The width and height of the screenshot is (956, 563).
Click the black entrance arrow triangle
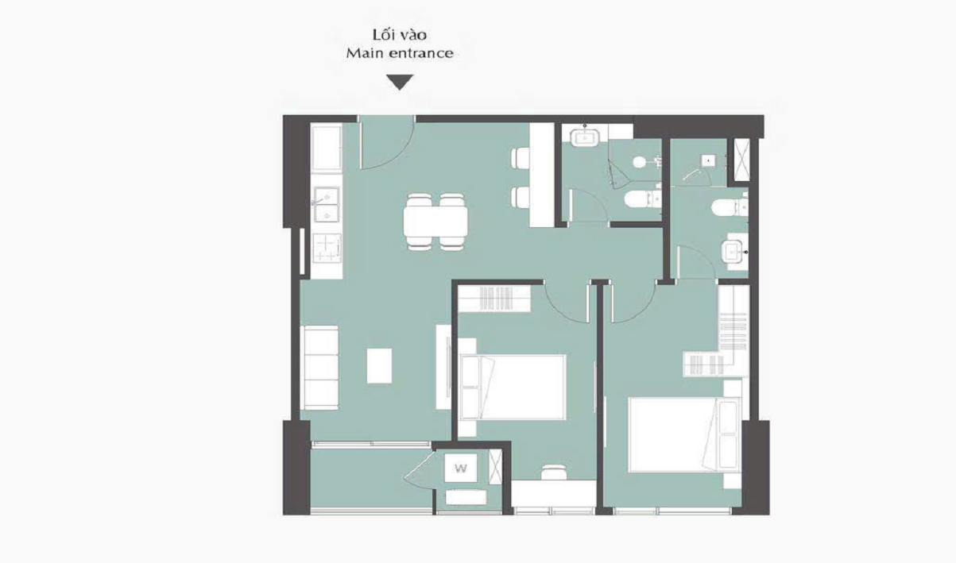[400, 82]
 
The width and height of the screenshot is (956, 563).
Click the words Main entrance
[400, 53]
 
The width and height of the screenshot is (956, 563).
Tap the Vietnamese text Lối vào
[400, 35]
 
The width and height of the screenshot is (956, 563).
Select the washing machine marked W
[460, 468]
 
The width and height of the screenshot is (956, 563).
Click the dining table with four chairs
[435, 222]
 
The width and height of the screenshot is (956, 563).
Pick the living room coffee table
[379, 366]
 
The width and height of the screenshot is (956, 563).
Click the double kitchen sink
[327, 202]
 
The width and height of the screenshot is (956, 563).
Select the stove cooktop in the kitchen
[327, 249]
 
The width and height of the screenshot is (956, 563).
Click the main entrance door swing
[386, 143]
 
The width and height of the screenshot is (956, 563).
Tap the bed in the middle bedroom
[513, 388]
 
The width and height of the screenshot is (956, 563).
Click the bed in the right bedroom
[684, 434]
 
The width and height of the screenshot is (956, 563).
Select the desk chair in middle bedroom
[554, 472]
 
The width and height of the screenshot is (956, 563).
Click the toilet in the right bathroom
[730, 207]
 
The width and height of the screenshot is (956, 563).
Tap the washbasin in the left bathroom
[585, 136]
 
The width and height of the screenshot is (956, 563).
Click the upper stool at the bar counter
[521, 158]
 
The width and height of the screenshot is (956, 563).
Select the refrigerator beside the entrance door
[327, 148]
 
